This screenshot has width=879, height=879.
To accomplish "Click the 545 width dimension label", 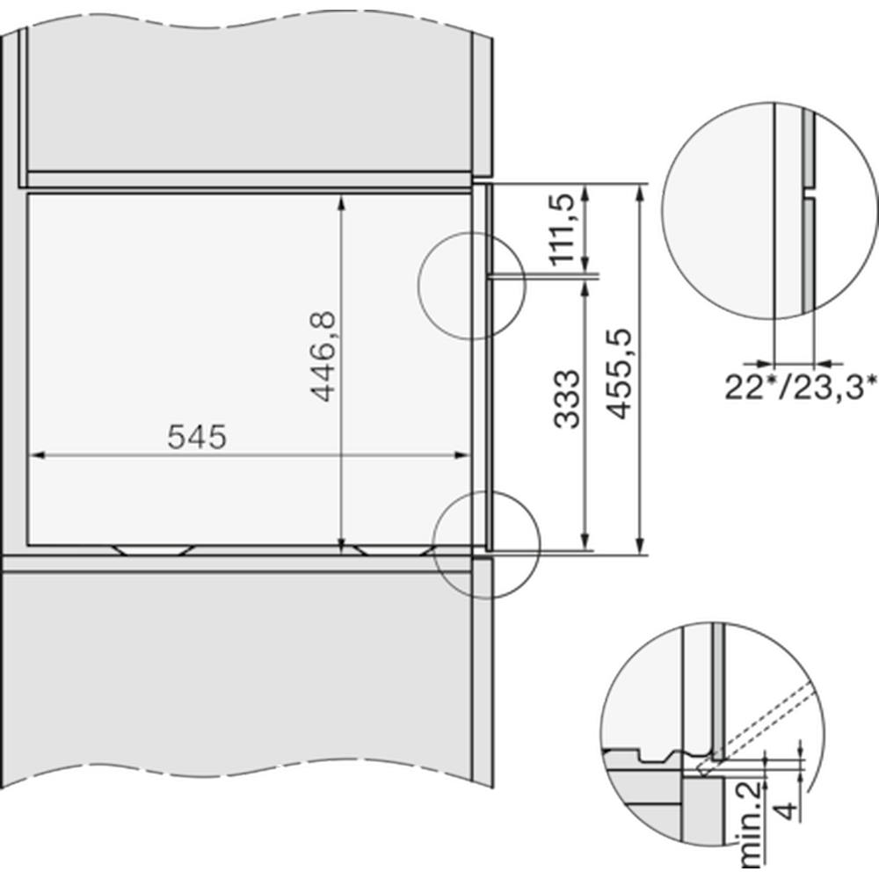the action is tap(197, 437).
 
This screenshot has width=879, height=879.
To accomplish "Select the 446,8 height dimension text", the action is tap(323, 357).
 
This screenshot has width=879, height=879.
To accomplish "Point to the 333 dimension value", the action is tap(566, 398).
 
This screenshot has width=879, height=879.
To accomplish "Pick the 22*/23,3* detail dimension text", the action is tap(801, 387).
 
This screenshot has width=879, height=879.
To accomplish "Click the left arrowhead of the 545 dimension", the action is tap(36, 455).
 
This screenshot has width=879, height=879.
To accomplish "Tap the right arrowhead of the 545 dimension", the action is tap(463, 455).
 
